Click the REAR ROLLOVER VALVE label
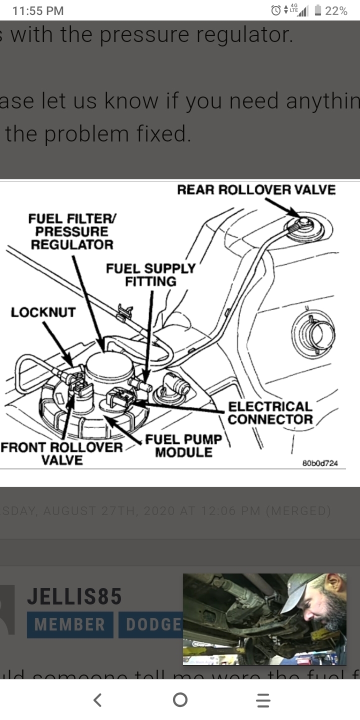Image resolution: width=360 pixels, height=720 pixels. tap(256, 190)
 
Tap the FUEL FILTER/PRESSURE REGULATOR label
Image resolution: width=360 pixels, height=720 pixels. tap(72, 231)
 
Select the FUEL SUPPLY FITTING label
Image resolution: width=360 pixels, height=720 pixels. tap(150, 275)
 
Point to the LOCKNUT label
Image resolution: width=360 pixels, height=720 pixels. tap(43, 312)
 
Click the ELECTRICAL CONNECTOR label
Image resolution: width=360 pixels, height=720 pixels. tap(270, 413)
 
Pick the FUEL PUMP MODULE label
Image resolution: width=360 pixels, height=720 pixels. tap(183, 446)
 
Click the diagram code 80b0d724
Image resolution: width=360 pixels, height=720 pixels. tap(320, 463)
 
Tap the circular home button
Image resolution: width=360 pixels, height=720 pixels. tap(180, 700)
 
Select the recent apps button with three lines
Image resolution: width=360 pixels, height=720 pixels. tap(263, 700)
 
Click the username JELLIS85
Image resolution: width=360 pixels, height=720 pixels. tap(74, 596)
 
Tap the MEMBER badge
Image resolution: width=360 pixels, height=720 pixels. tap(70, 624)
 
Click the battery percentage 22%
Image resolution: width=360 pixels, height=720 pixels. tap(336, 10)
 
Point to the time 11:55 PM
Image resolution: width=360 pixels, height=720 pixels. tap(38, 10)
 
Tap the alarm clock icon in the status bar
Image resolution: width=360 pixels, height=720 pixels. tap(275, 10)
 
